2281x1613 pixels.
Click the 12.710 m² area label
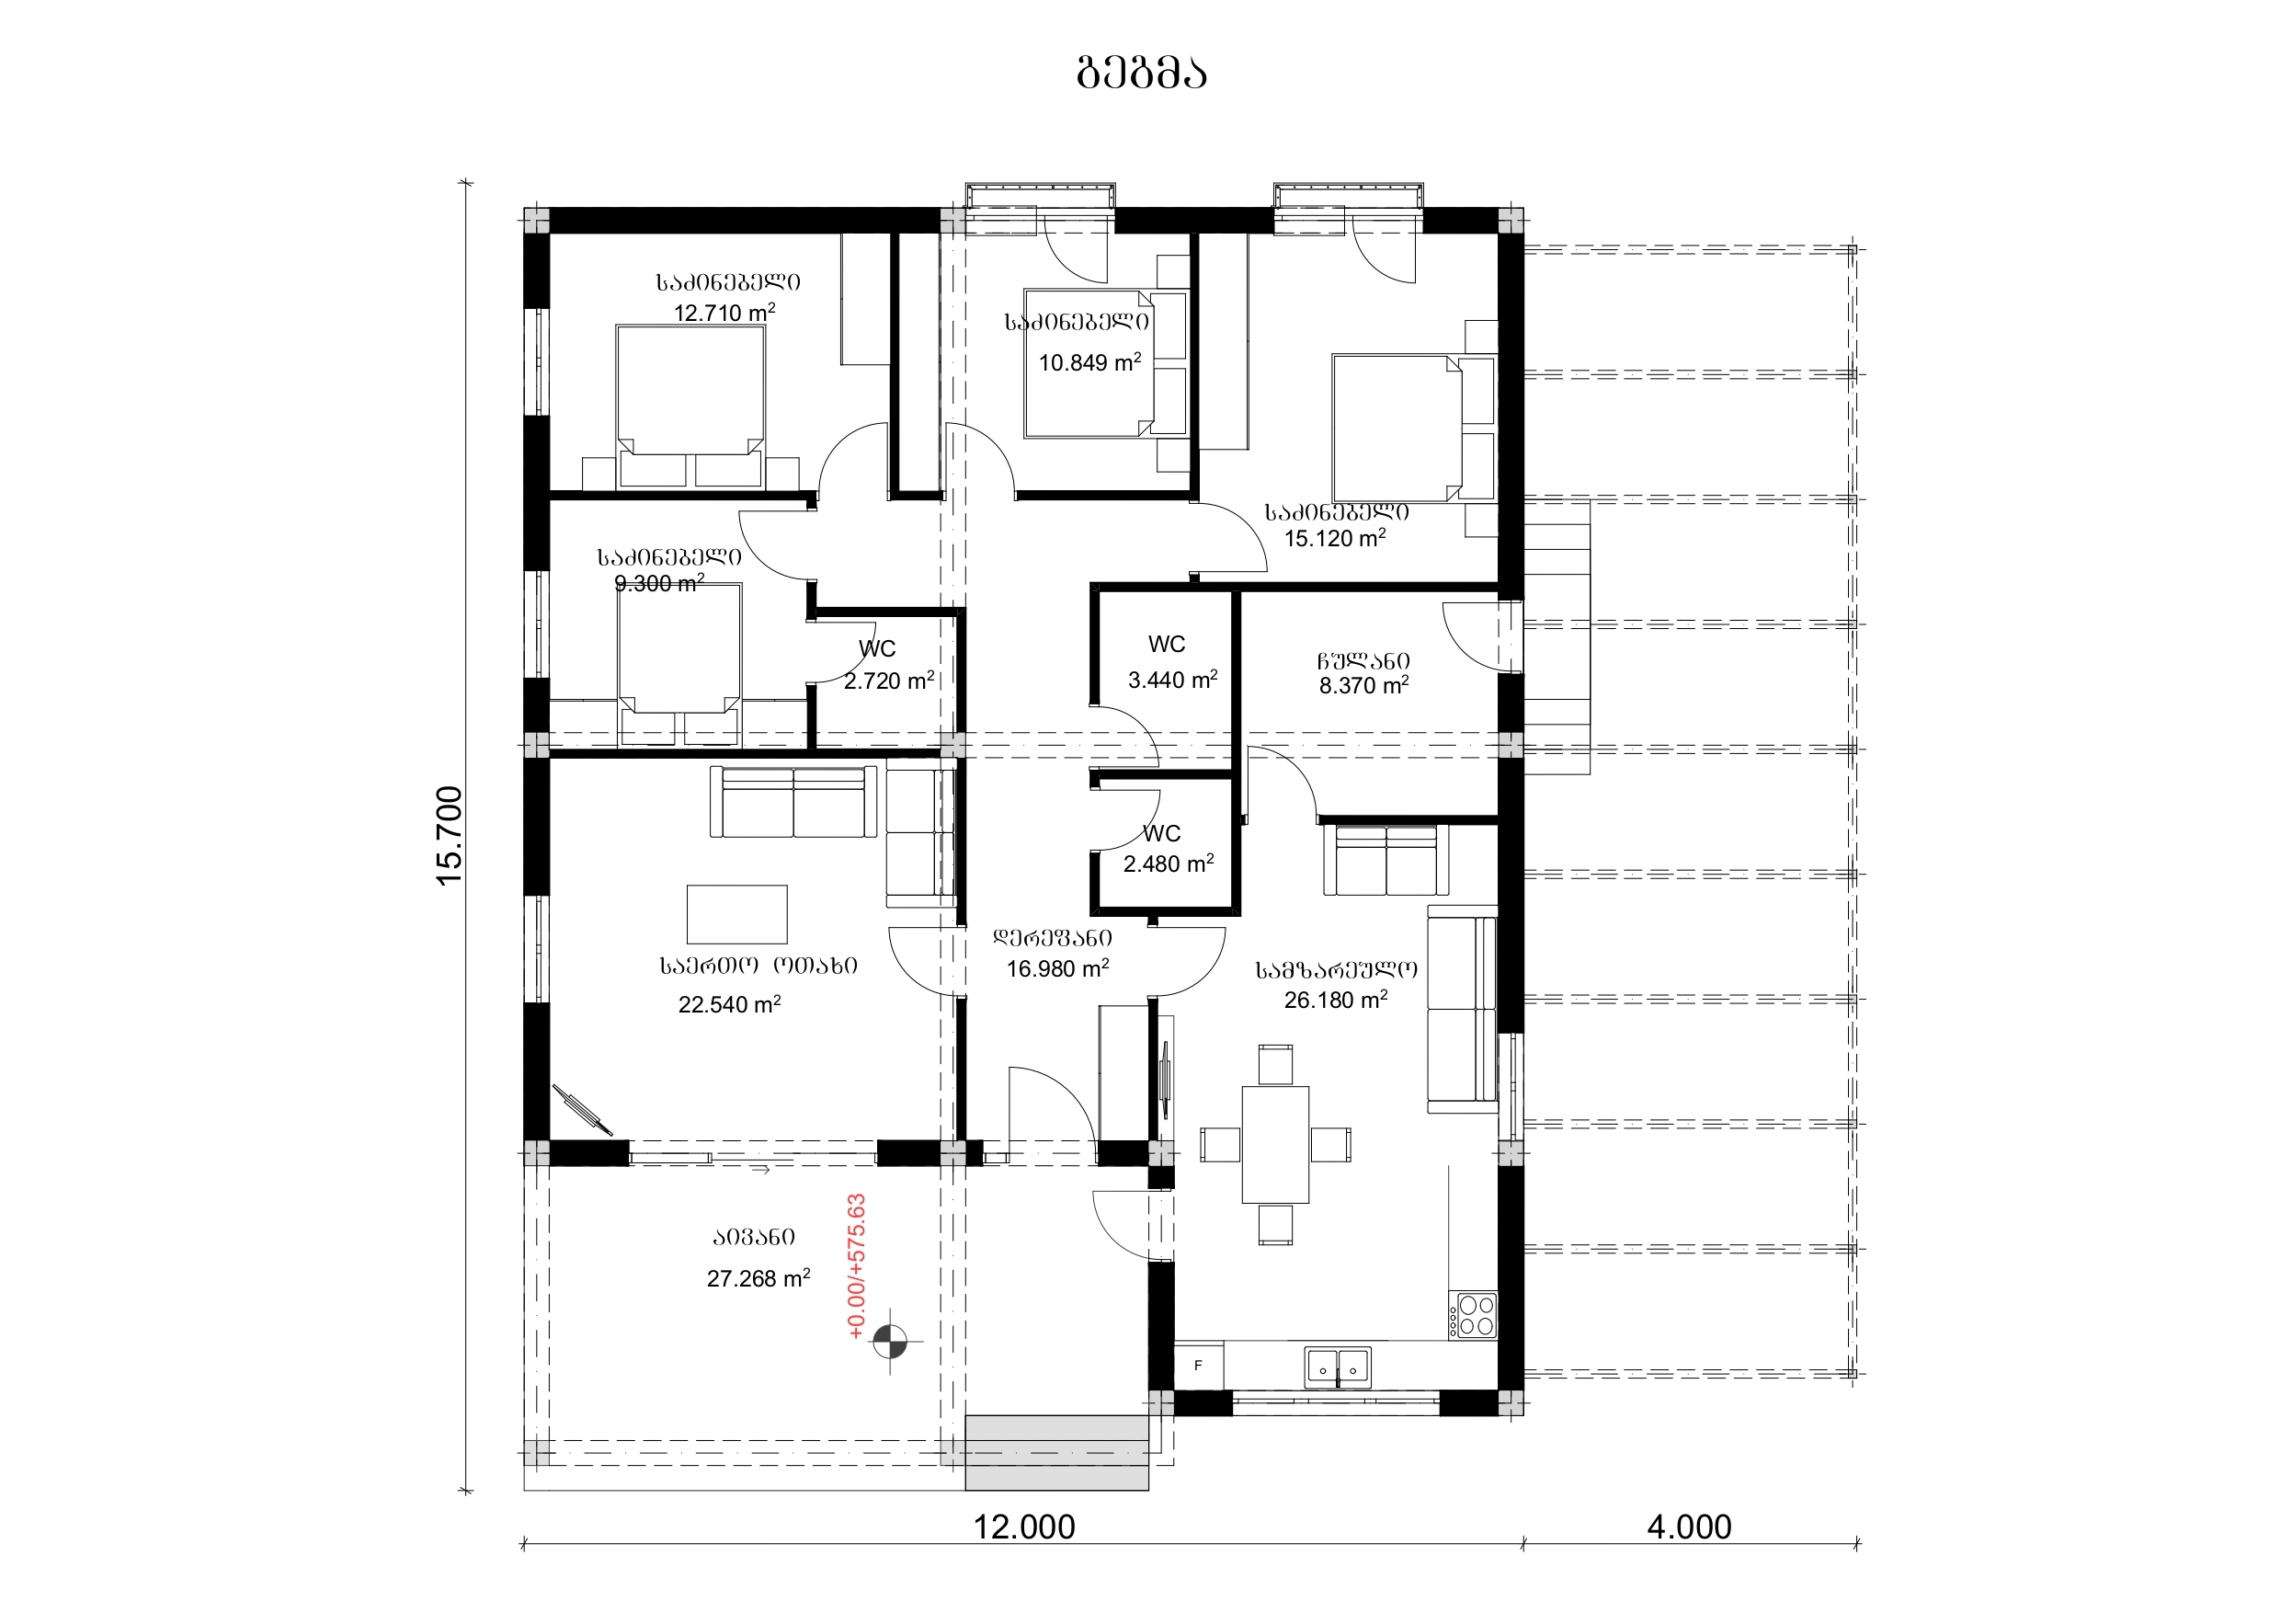coord(724,312)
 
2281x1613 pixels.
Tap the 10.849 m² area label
coord(1089,361)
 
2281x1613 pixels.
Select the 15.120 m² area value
coord(1334,538)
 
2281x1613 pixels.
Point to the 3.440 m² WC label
coord(1172,680)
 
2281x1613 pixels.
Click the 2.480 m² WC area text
coord(1169,864)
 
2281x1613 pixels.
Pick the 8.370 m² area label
coord(1363,685)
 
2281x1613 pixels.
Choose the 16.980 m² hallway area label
coord(1057,968)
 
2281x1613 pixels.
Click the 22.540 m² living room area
coord(729,1004)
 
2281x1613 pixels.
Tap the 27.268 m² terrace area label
coord(758,1278)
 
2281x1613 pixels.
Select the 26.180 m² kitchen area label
coord(1335,1000)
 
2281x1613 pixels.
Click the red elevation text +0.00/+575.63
coord(856,1266)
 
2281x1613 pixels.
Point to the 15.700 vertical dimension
coord(449,835)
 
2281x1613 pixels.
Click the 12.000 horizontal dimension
coord(1023,1527)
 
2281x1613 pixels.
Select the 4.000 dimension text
coord(1689,1527)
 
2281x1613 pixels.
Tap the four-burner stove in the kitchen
coord(1472,1315)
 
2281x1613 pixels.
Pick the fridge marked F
coord(1198,1366)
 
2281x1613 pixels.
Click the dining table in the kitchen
coord(1274,1144)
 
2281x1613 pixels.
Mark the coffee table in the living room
coord(737,914)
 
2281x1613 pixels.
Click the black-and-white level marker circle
coord(889,1341)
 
